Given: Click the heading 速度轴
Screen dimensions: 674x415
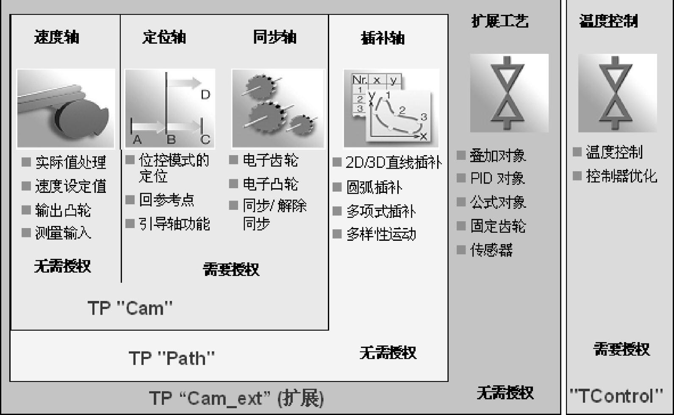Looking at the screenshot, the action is pos(57,37).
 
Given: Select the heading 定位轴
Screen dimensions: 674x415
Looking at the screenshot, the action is pos(164,37).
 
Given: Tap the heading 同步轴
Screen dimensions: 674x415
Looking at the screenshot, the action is pos(275,37).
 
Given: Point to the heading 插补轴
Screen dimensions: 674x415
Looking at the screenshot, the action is pos(383,38).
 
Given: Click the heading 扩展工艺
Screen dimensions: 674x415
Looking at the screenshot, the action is pos(500,21).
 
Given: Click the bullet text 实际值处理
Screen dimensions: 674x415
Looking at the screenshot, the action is pos(70,162).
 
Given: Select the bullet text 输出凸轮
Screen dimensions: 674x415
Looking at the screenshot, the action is pos(63,210).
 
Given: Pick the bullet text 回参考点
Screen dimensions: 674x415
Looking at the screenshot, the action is pos(166,200).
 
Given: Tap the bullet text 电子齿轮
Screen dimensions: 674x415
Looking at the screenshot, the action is pos(270,160).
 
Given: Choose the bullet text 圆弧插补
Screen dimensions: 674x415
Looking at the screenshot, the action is pos(374,187).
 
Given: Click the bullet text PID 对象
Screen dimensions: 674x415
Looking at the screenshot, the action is pos(497,178).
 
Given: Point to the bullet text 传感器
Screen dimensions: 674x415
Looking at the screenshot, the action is pos(491,250).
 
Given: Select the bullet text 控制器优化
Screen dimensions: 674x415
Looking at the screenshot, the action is pos(621,176).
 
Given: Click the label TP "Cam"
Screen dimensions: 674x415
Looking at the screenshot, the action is pos(130,308).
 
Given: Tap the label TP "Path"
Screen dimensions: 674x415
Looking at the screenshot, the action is pos(172,358).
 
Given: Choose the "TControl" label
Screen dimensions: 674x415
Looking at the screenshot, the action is pos(616,396).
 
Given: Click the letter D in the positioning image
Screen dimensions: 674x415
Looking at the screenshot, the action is pos(205,95).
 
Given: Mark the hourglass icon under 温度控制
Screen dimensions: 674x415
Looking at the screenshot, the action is pos(617,93).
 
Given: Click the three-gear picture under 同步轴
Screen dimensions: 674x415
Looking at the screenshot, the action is pos(278,109).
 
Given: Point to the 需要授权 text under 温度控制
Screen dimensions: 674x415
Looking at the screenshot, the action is pos(621,349).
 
